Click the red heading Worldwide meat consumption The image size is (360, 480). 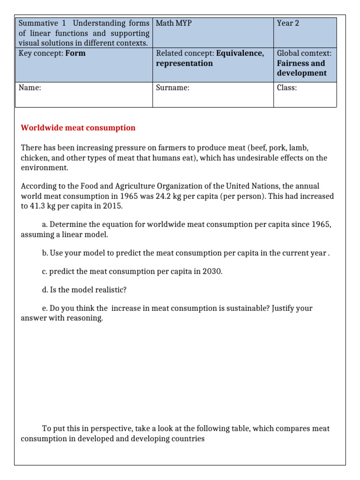click(78, 128)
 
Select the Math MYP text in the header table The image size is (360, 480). click(173, 23)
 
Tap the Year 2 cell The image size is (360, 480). click(288, 23)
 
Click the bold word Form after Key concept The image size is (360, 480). click(75, 53)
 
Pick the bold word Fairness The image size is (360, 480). click(294, 63)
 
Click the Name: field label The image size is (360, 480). click(30, 88)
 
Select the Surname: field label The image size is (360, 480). click(172, 88)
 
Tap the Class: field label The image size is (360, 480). click(287, 88)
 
